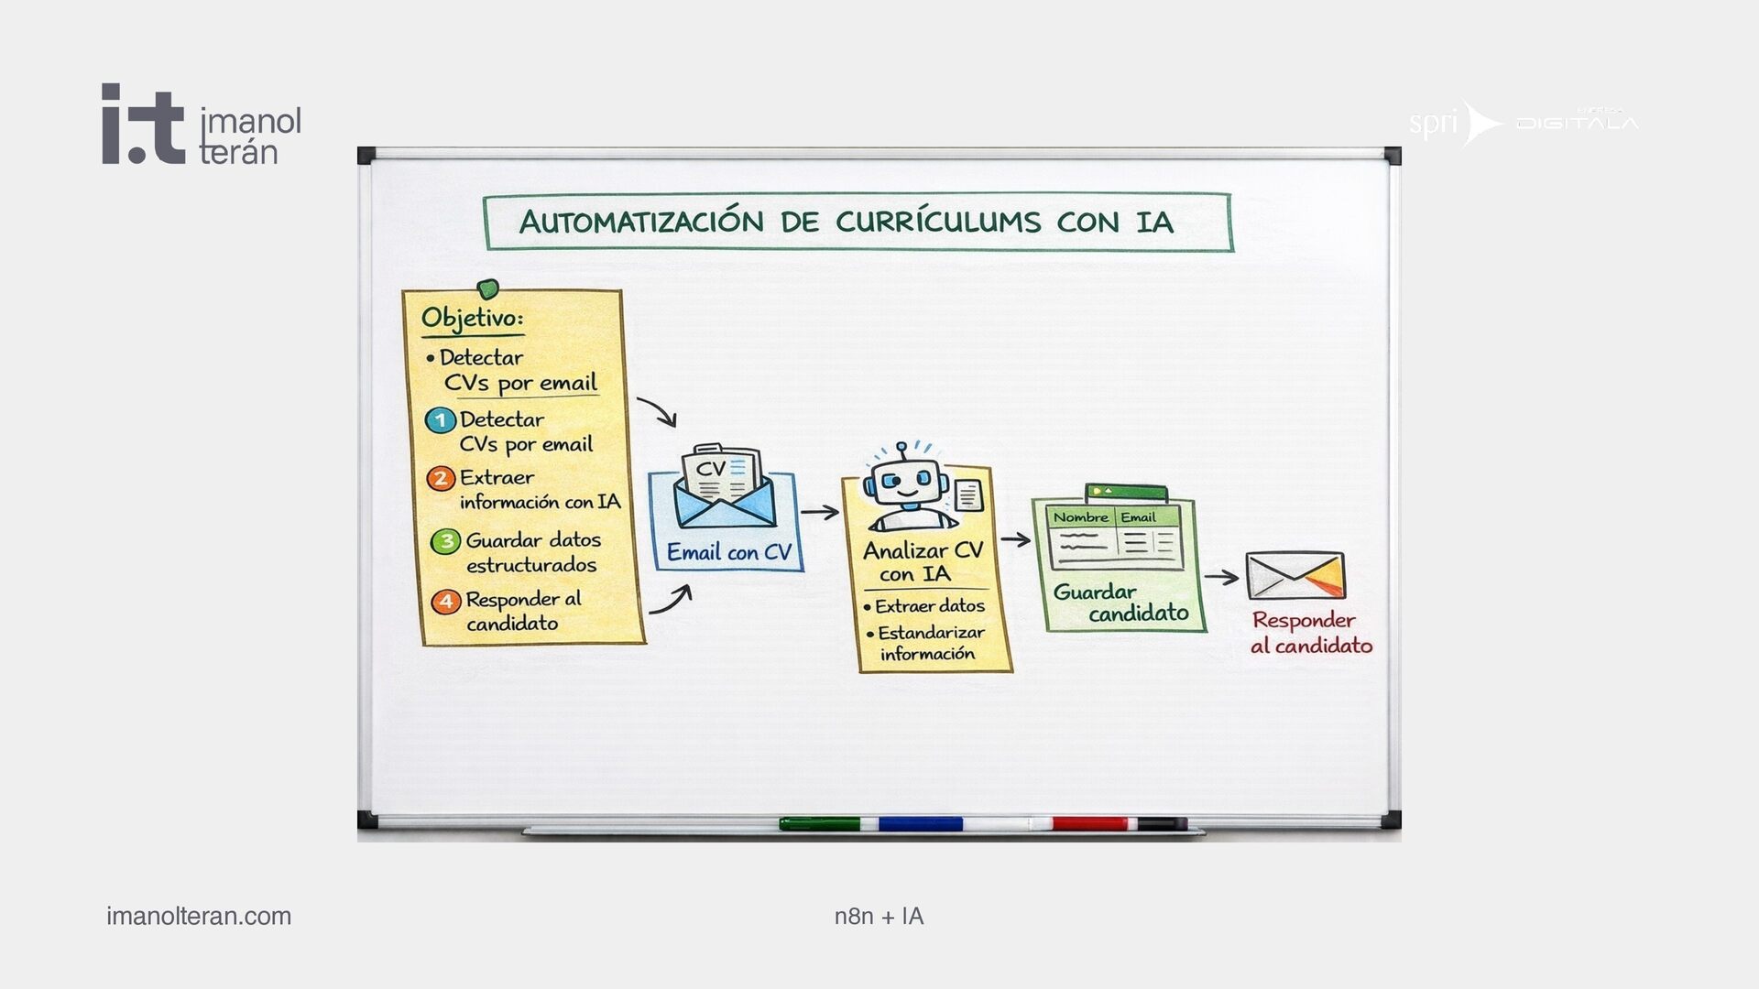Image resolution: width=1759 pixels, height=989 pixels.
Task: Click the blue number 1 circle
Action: [441, 420]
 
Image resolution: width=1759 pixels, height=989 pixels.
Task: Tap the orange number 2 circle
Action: [441, 478]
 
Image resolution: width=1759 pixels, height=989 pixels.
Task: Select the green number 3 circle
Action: [445, 541]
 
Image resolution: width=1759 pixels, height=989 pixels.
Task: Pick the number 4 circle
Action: [445, 602]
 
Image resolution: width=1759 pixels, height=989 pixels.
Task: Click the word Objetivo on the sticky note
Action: [472, 319]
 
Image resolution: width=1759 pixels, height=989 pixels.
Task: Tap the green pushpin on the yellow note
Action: [488, 289]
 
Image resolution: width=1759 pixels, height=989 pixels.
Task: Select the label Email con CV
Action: [728, 552]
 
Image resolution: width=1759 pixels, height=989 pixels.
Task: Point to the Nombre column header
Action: [1080, 517]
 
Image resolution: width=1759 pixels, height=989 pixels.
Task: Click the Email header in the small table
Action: [1139, 517]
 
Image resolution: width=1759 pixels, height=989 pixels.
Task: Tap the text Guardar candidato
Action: [1120, 603]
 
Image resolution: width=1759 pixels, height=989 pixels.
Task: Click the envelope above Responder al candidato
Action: [1295, 575]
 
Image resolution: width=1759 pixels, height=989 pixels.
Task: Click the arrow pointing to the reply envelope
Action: [1221, 577]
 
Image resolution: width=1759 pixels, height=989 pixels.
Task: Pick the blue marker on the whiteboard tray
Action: [920, 824]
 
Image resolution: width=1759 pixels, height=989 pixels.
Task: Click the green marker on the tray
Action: [820, 824]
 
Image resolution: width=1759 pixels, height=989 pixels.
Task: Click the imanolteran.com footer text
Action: [199, 916]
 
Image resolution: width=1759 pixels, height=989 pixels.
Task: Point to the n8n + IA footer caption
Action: [879, 916]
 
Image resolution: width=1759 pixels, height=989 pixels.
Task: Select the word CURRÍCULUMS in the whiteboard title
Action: [938, 223]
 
